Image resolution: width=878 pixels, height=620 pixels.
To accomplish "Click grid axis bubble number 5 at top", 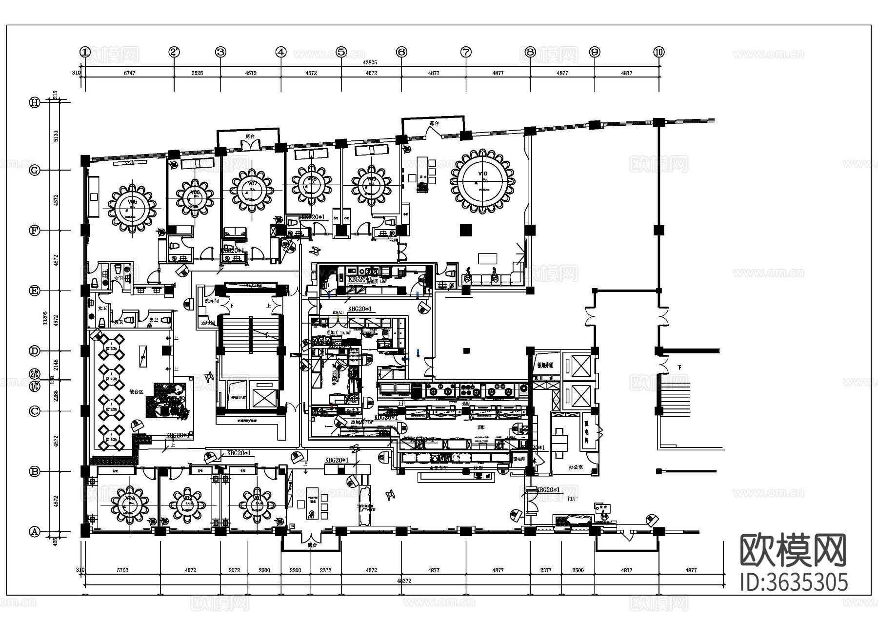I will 341,52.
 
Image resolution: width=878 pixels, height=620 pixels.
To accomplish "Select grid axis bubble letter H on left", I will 34,102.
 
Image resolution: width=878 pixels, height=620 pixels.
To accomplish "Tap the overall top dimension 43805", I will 370,63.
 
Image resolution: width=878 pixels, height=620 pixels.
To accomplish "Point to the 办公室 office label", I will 576,466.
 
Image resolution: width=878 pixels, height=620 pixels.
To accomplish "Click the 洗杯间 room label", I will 211,302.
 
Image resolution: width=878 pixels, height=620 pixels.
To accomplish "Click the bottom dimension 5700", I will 122,570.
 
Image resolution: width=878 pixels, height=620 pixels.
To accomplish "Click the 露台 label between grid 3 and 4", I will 250,137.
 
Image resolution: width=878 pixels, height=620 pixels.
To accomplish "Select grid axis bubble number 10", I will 659,52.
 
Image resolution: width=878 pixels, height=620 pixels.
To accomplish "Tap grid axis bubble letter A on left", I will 34,532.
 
